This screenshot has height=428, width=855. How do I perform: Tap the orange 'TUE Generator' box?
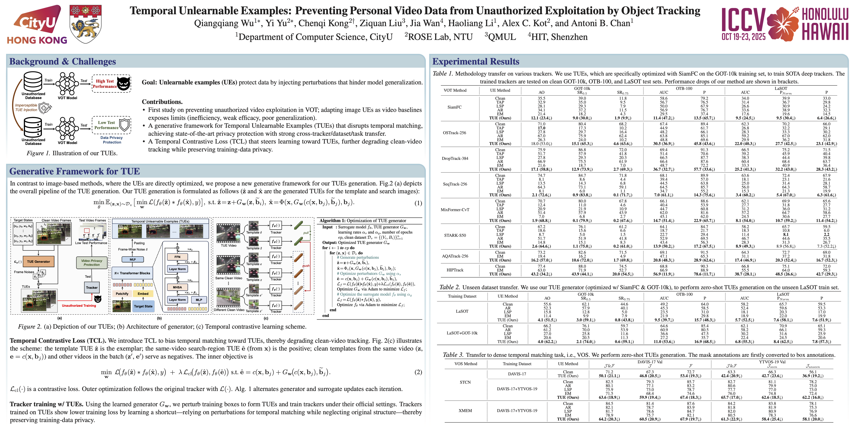(39, 262)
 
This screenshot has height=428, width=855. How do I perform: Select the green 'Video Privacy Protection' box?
(92, 263)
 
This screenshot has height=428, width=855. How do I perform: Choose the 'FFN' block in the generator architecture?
(177, 257)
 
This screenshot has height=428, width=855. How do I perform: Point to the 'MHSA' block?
(177, 287)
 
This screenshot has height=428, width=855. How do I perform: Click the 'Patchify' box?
(122, 294)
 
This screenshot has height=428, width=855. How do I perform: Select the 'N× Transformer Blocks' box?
(132, 273)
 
